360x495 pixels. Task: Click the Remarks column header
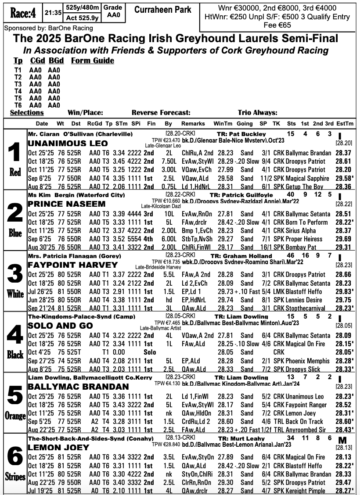pos(193,124)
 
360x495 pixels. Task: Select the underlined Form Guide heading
pos(92,61)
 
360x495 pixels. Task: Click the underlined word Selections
pos(27,112)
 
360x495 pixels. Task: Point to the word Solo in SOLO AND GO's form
pos(150,352)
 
